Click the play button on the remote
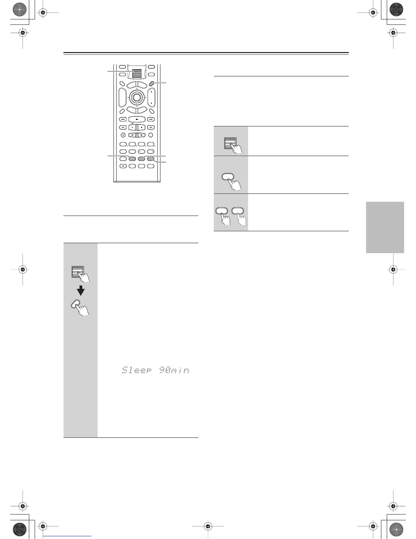(x=137, y=119)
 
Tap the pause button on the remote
(x=132, y=128)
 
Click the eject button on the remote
(x=123, y=166)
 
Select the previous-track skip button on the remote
(x=123, y=119)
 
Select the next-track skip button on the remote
(x=151, y=119)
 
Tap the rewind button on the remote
(x=123, y=128)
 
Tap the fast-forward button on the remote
(x=151, y=128)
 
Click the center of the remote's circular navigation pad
(x=137, y=97)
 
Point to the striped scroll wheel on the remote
(x=137, y=73)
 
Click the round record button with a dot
(x=123, y=135)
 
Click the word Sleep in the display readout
(x=137, y=370)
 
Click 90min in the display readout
(x=174, y=370)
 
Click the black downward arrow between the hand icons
(x=81, y=291)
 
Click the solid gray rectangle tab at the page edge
(x=385, y=227)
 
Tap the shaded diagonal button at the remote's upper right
(x=152, y=84)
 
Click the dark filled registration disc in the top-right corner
(x=396, y=10)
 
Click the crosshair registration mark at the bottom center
(x=208, y=526)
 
